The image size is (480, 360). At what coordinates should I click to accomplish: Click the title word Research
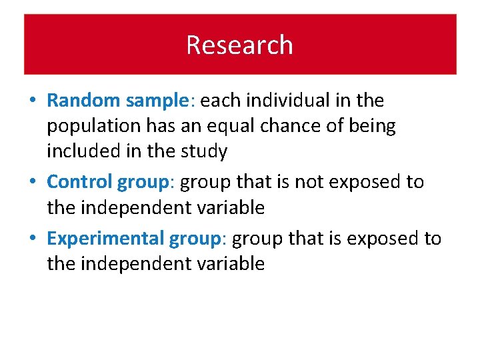point(239,45)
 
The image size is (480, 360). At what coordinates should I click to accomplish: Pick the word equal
point(241,127)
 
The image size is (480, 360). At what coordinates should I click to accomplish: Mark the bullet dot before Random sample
point(33,101)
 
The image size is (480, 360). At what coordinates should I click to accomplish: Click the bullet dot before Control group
point(33,182)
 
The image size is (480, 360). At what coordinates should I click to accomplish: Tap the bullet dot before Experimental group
point(33,239)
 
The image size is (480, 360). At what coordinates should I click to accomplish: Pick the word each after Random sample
point(218,101)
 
